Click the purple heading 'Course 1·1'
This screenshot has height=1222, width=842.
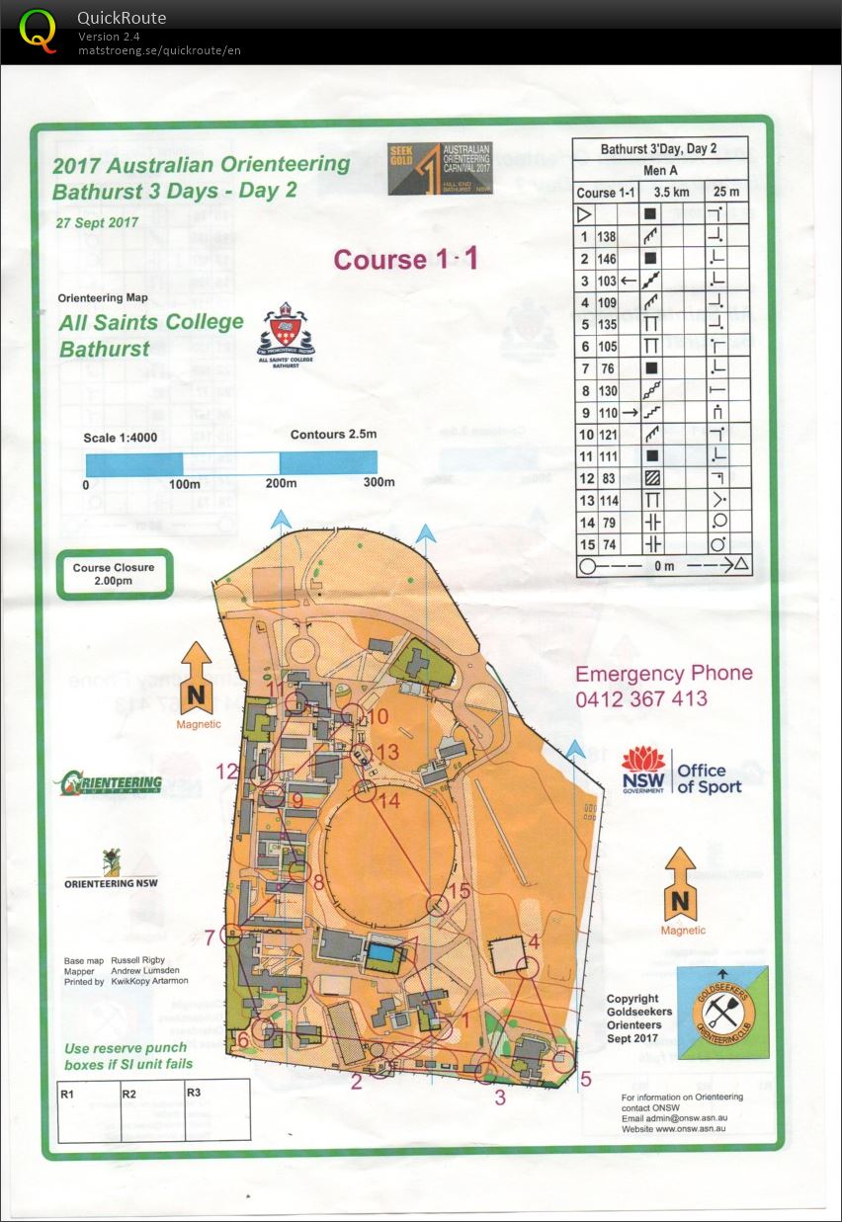[406, 259]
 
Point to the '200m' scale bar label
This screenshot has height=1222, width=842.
[282, 482]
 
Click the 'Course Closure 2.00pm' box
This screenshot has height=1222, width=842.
[114, 574]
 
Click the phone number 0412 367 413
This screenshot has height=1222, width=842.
[641, 698]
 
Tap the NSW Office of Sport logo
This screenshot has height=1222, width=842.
[681, 771]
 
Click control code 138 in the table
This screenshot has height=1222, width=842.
[606, 237]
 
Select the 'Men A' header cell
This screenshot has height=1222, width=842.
[660, 171]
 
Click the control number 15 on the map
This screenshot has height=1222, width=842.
[460, 891]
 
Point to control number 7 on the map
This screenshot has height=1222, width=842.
[210, 937]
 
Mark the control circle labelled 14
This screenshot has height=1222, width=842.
[365, 791]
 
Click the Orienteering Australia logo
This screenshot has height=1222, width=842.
[108, 783]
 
